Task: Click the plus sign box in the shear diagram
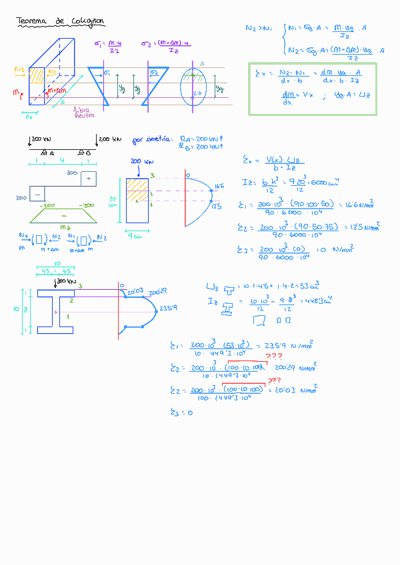tap(89, 179)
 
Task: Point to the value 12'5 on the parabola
tap(217, 207)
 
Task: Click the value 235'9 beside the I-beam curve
tap(167, 308)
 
